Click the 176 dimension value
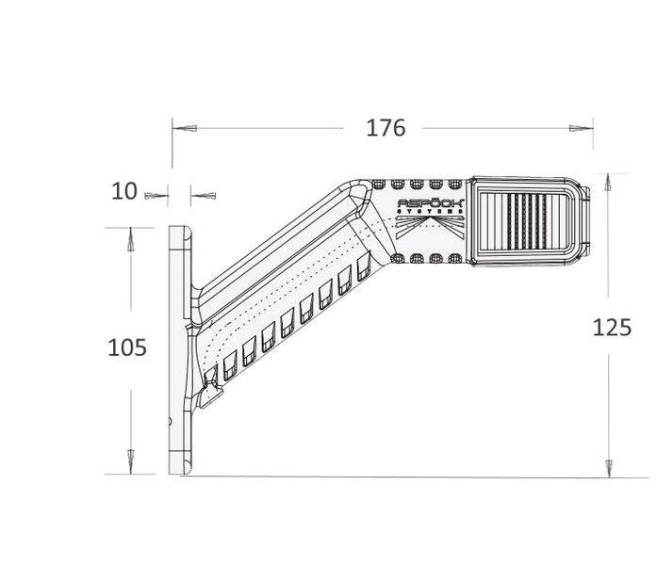385,128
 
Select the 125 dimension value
612,328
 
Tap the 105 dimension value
128,347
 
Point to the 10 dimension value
124,191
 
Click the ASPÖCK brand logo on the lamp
430,202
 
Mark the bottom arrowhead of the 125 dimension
609,465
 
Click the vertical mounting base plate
179,348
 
